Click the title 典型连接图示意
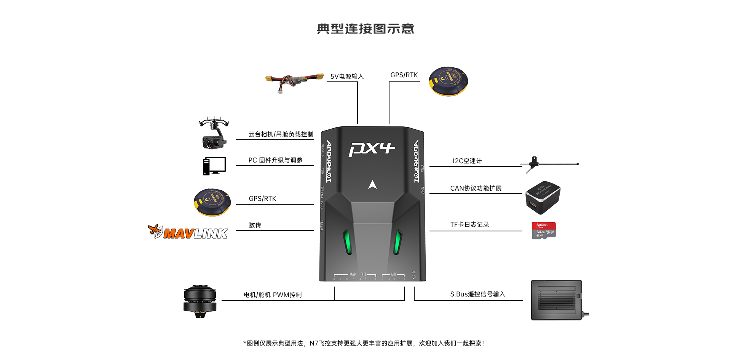[365, 29]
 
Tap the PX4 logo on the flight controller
[371, 149]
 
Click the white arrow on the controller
[372, 185]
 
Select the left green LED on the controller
[348, 242]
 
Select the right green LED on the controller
[397, 242]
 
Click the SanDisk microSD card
[544, 231]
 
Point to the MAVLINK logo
[188, 232]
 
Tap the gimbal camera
[214, 133]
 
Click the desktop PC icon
[214, 166]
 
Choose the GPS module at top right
[448, 81]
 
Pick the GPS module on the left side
[212, 202]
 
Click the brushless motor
[200, 301]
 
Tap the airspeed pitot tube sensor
[551, 164]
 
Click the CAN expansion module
[543, 197]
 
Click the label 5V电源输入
[347, 76]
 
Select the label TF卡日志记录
[469, 225]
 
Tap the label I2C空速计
[467, 161]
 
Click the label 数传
[255, 225]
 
